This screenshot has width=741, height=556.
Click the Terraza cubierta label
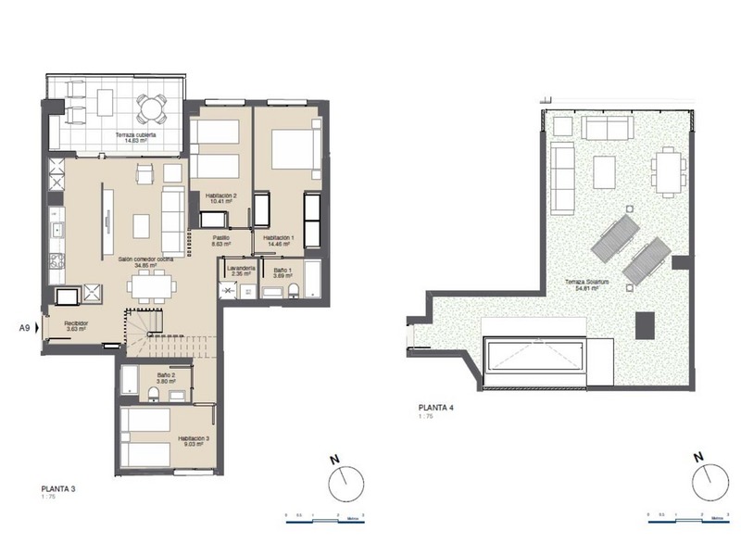[x=135, y=137]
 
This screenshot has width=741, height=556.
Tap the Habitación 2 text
[x=223, y=198]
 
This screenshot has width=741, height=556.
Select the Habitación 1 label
[x=279, y=240]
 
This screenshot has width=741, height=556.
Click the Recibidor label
[x=75, y=325]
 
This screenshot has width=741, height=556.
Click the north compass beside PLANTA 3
[x=345, y=480]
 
